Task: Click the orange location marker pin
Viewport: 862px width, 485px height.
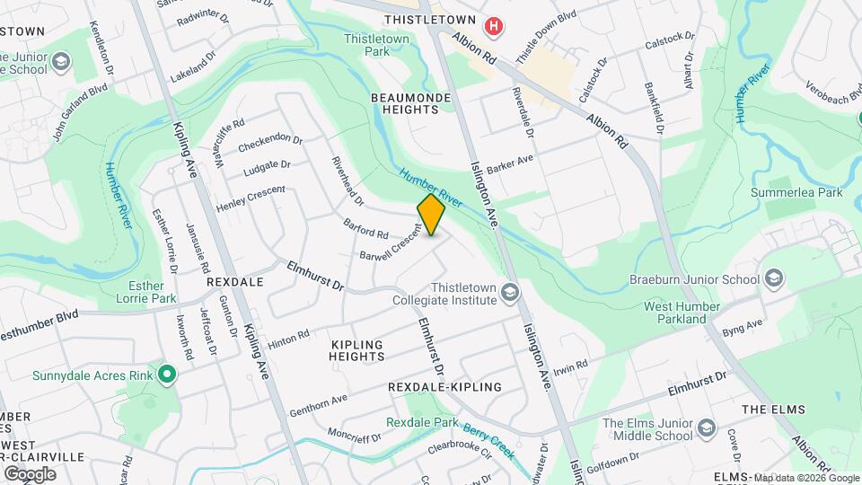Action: (431, 214)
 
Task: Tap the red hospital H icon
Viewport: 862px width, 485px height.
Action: (493, 27)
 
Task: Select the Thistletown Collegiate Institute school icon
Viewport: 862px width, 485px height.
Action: (510, 293)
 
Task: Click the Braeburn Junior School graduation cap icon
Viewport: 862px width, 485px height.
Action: (772, 279)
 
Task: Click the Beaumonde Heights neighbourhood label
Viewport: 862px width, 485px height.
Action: (405, 101)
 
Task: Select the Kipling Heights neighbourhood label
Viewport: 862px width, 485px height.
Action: (357, 350)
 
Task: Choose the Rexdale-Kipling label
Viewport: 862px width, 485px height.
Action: (444, 386)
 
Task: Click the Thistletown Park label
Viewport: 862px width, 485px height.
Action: (376, 45)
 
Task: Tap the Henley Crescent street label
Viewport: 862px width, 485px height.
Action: (251, 198)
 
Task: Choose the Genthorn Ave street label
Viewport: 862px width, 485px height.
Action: (319, 405)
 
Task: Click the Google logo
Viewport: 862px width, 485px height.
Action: (30, 473)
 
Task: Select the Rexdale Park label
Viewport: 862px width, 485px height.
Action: (422, 422)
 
